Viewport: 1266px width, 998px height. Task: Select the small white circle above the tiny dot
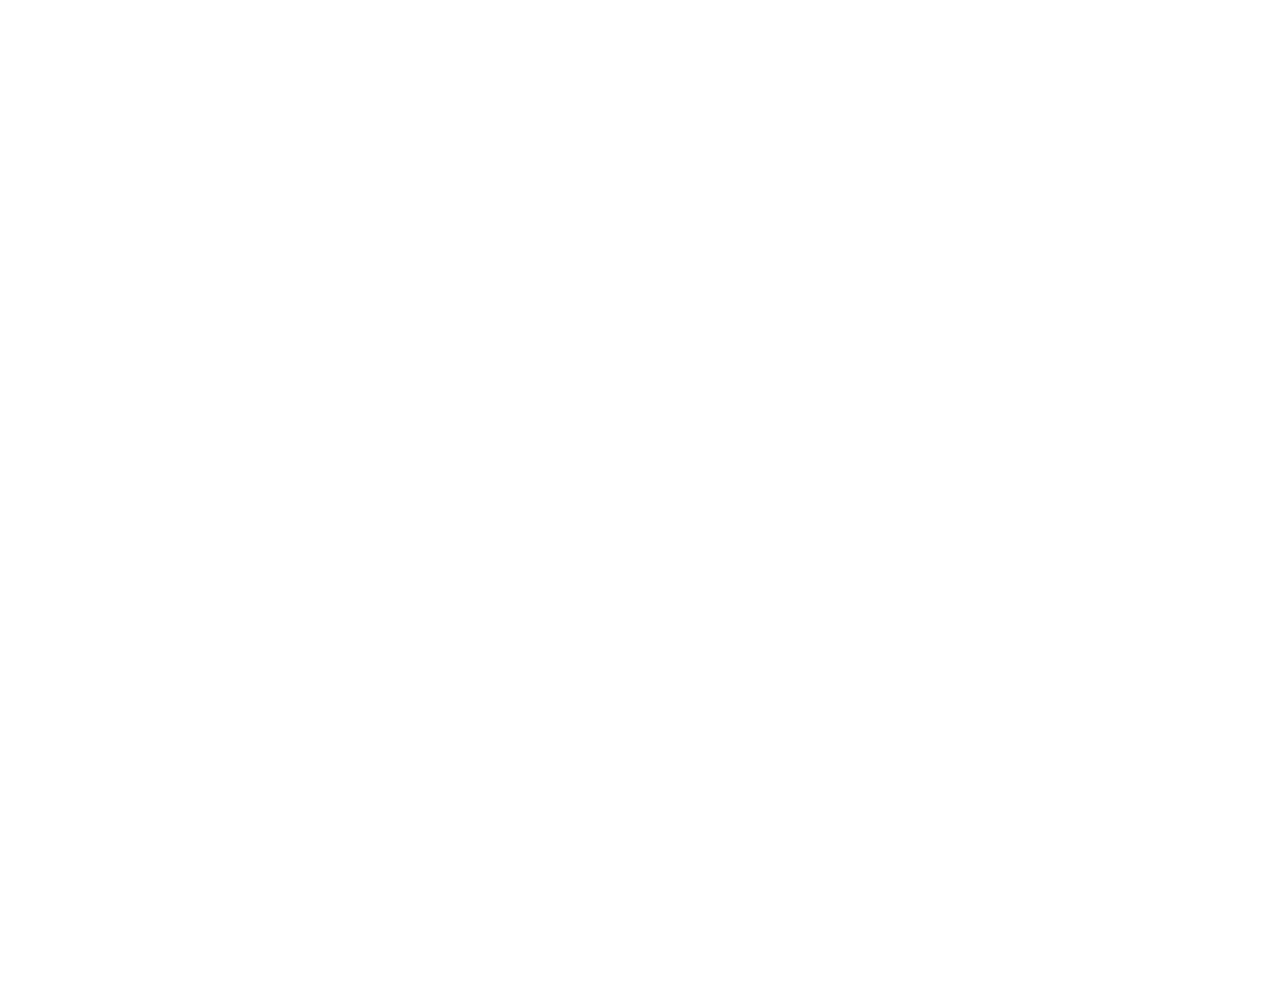click(x=697, y=350)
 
